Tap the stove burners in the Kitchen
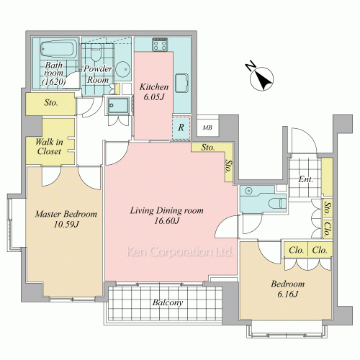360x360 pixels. click(x=160, y=45)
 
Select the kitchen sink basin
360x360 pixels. click(x=181, y=84)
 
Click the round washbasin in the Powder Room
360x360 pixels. click(x=122, y=69)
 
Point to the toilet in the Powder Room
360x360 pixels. click(x=96, y=53)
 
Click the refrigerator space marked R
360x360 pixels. click(x=181, y=127)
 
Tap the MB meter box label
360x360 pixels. click(x=207, y=127)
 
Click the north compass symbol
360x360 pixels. click(x=261, y=77)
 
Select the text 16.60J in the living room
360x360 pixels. click(x=166, y=221)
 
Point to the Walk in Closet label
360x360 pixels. click(x=49, y=147)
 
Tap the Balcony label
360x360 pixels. click(x=168, y=302)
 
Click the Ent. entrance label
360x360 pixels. click(x=305, y=179)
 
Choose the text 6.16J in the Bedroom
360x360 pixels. click(x=287, y=294)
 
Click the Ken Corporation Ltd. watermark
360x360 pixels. click(x=179, y=252)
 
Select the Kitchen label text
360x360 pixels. click(x=154, y=86)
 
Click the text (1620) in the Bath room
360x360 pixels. click(x=53, y=82)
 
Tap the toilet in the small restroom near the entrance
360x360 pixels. click(x=277, y=204)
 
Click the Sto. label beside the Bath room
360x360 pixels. click(x=51, y=103)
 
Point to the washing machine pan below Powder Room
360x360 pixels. click(x=118, y=105)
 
